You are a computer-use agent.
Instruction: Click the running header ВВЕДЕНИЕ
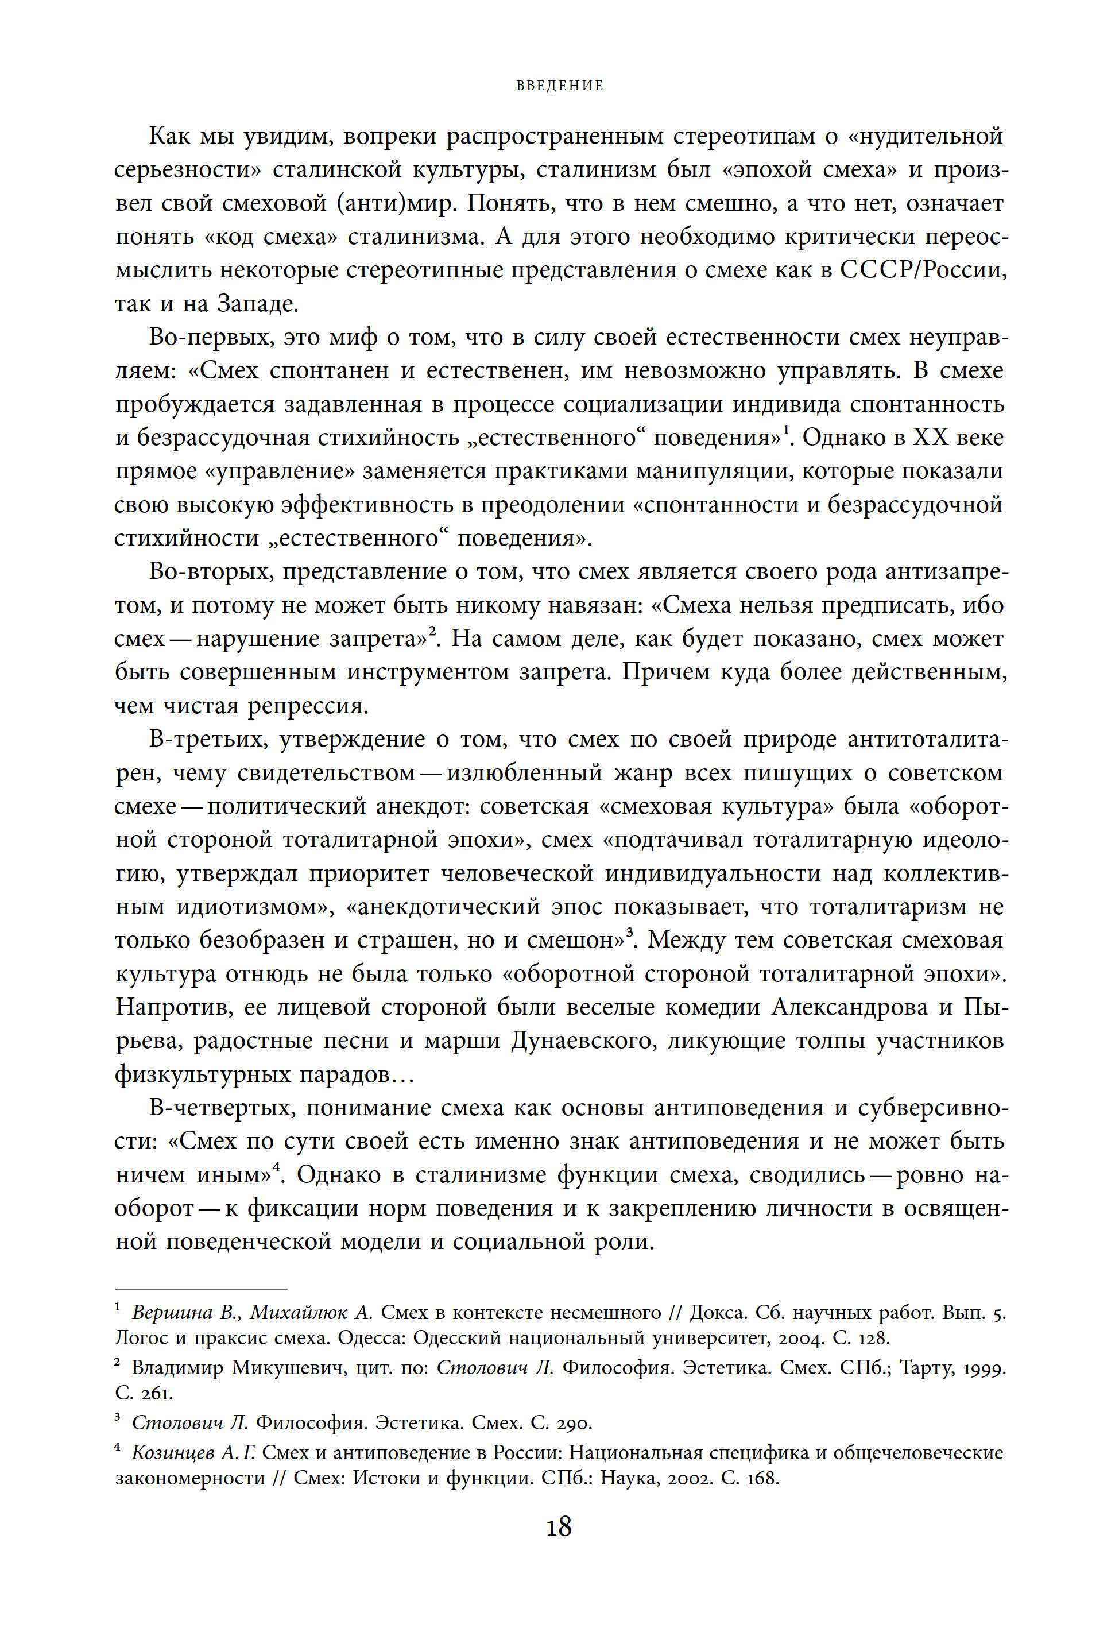[x=559, y=86]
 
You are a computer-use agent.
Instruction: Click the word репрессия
[x=308, y=706]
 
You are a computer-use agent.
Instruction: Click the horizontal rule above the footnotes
[x=201, y=1289]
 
